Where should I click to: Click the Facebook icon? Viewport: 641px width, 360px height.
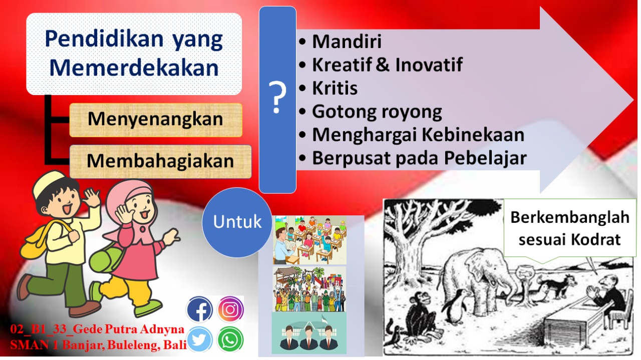click(200, 309)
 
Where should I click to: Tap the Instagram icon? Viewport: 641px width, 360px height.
click(230, 309)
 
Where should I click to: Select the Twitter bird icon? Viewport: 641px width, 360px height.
click(200, 340)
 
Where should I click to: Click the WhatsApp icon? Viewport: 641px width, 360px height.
click(230, 340)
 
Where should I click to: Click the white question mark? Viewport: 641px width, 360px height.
click(277, 98)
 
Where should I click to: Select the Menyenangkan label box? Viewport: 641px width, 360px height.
click(155, 120)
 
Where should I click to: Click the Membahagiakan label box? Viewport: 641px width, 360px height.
click(160, 161)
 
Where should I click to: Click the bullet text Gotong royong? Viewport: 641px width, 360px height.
click(377, 112)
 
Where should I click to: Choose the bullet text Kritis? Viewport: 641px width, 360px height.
click(335, 88)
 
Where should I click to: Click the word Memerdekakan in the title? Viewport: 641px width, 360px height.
click(134, 68)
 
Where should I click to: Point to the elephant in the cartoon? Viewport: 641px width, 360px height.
click(476, 285)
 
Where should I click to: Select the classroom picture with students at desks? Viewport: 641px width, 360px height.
click(309, 240)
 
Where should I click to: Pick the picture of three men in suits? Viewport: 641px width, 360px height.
click(309, 334)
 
